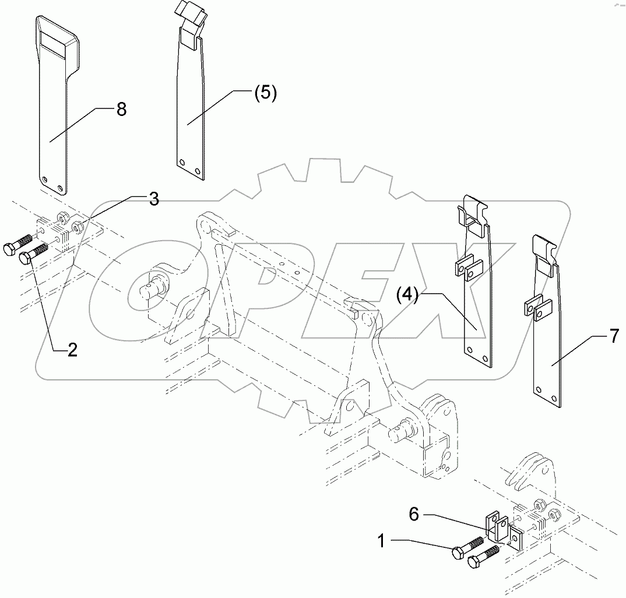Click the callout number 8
coord(121,109)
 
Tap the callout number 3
coord(153,199)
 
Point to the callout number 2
coord(72,349)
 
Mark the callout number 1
coord(381,542)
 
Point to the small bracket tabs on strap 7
coord(538,308)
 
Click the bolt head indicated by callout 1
coord(459,552)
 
